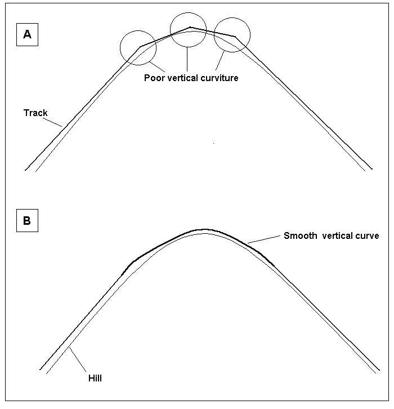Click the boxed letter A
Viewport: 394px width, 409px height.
[27, 35]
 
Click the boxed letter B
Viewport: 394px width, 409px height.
[27, 221]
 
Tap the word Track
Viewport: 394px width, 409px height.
[35, 113]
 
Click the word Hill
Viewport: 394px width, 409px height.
[95, 378]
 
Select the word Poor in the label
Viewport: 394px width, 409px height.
[154, 78]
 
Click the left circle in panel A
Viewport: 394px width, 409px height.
[138, 47]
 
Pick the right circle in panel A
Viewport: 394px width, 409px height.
[231, 35]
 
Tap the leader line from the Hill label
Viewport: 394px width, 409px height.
[78, 362]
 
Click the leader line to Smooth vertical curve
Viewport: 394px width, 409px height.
[263, 240]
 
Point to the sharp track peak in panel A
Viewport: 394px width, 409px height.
[190, 27]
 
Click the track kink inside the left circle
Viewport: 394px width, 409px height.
[140, 47]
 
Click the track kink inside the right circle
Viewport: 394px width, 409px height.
[235, 37]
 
